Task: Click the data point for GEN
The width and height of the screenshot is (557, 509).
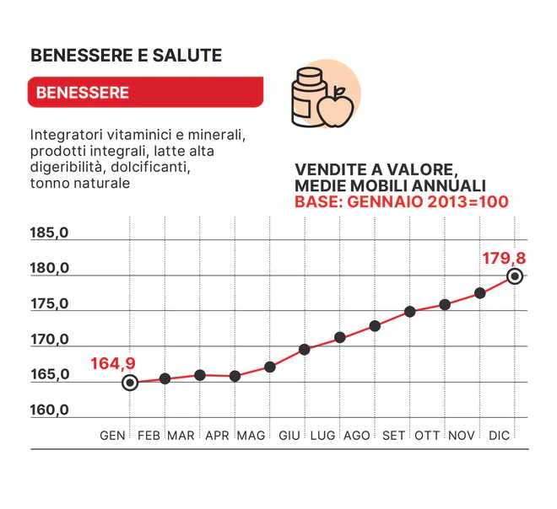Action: click(x=130, y=383)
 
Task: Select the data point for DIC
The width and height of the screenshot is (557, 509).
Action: click(x=515, y=276)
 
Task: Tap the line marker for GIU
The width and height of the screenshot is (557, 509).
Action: click(x=305, y=349)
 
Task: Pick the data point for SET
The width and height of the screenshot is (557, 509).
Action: click(x=410, y=311)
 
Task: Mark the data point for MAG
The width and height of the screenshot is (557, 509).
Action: click(x=270, y=367)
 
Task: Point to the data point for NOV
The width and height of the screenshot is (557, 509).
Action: click(x=480, y=293)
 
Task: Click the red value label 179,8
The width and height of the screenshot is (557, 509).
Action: click(x=504, y=258)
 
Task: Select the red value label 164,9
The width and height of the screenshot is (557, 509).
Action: click(x=113, y=364)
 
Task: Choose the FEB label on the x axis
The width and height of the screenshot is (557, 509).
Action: click(x=149, y=436)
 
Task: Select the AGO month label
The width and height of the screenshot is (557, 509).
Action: click(x=357, y=436)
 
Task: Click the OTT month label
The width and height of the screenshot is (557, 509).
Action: click(x=428, y=436)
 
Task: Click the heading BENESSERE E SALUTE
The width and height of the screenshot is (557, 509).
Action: click(x=126, y=56)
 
